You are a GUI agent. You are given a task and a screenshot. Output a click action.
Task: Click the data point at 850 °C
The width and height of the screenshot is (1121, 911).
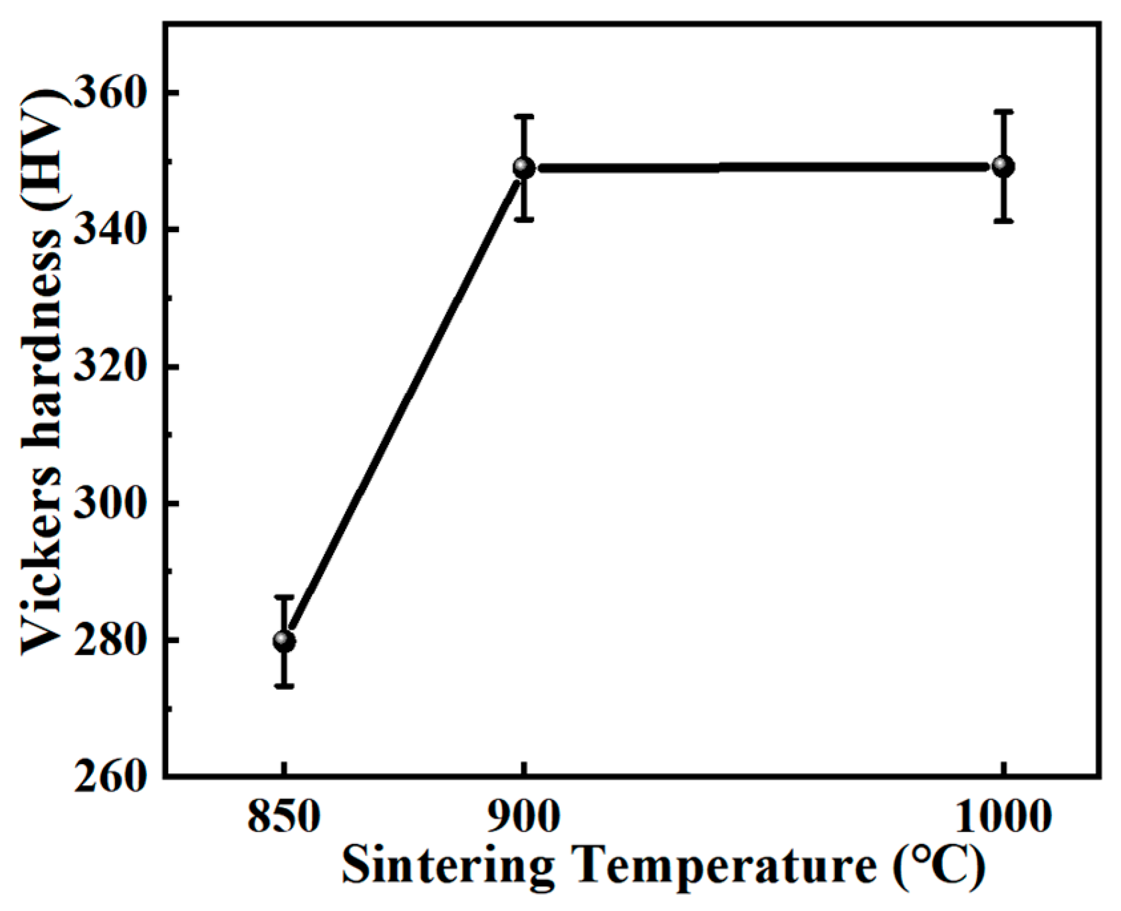pos(284,641)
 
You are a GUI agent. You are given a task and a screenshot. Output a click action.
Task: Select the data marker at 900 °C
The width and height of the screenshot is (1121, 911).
pos(524,168)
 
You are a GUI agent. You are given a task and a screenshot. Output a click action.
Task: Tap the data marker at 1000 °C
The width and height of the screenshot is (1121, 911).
pos(1003,166)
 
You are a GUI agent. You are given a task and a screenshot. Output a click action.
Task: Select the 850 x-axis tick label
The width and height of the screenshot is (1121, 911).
pos(284,817)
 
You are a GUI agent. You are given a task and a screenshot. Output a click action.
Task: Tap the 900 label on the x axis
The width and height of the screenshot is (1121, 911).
pos(524,817)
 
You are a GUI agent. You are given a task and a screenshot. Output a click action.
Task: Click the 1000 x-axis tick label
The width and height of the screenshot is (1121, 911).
pos(1003,817)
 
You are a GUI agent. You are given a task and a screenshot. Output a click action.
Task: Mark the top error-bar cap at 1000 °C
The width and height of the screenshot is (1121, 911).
pos(1003,112)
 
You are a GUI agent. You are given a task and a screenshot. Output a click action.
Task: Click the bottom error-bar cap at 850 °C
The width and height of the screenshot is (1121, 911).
pos(284,686)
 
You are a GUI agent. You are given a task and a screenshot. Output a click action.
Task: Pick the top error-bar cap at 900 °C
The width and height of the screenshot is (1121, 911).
pos(524,116)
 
